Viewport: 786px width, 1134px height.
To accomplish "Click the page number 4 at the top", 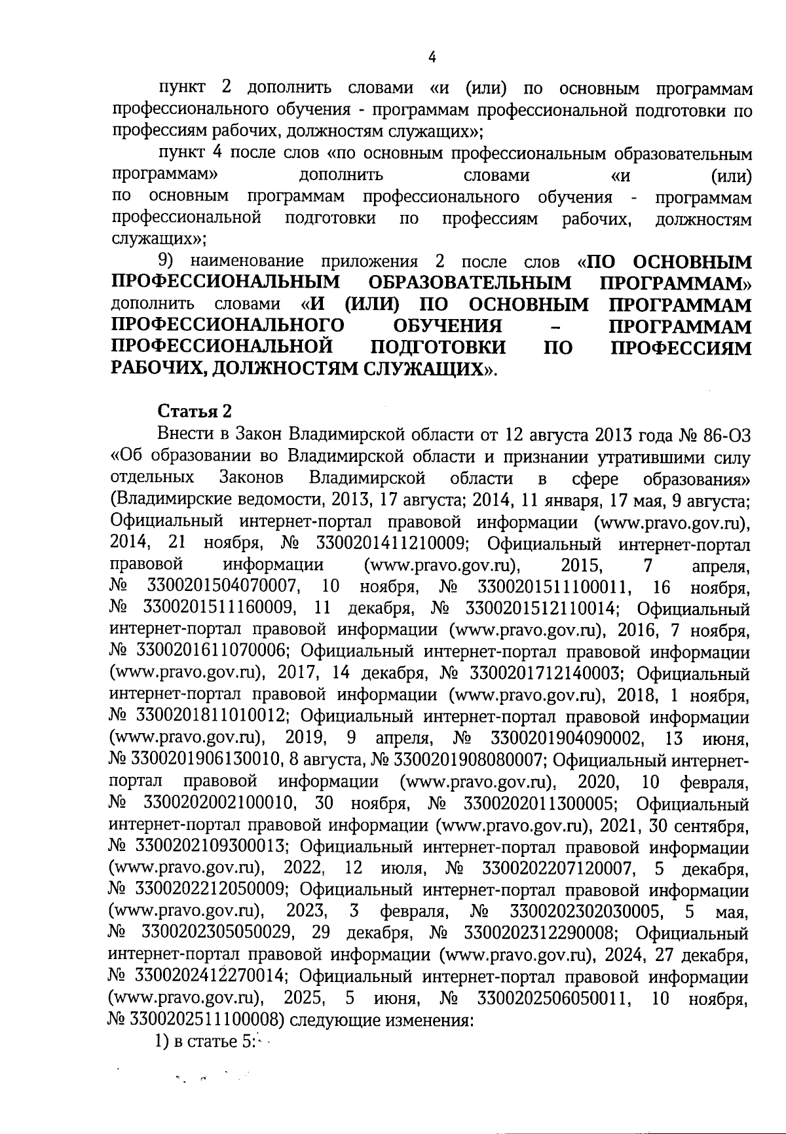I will [432, 58].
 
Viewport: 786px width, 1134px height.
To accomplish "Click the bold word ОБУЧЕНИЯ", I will [447, 326].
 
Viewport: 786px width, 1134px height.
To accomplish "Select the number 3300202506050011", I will [555, 999].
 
